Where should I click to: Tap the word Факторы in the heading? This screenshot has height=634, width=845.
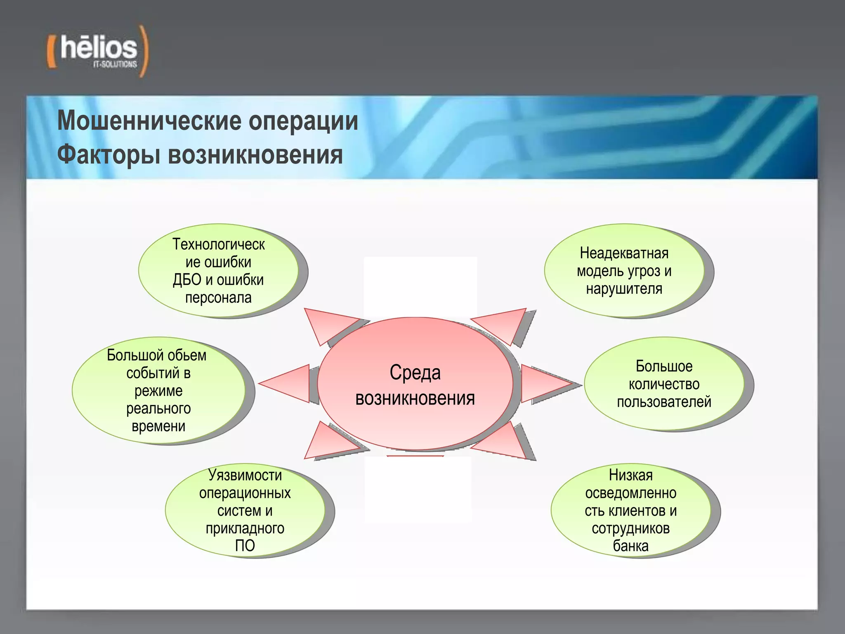(108, 156)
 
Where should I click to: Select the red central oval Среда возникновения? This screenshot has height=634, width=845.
(415, 384)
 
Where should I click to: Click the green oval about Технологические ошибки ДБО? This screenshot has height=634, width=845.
(218, 270)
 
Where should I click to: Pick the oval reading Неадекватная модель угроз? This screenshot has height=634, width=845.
(624, 270)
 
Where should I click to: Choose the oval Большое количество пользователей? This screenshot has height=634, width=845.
(664, 384)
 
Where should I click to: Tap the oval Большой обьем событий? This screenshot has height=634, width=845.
(158, 390)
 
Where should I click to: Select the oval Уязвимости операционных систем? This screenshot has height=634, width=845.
(245, 511)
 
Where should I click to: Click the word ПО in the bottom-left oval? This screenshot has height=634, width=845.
(245, 546)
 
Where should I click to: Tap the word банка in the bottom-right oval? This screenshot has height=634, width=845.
(630, 546)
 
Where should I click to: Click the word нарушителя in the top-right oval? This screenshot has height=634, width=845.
(624, 289)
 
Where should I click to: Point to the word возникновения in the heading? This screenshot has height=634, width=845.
(255, 156)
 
